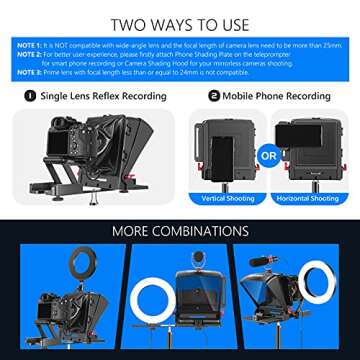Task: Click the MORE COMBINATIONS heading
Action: pyautogui.click(x=180, y=233)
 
